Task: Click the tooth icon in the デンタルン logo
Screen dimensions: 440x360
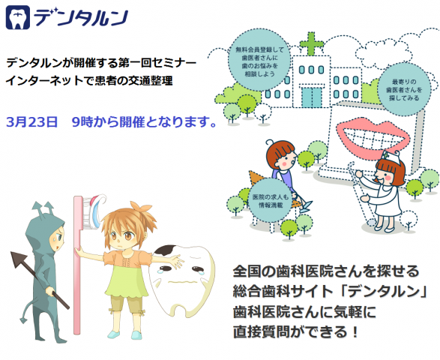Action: point(18,17)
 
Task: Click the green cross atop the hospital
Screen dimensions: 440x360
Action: point(312,43)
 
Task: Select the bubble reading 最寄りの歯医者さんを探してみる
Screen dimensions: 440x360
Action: point(404,89)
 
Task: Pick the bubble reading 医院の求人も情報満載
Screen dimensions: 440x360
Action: point(271,201)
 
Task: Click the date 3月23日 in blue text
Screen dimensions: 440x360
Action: point(31,121)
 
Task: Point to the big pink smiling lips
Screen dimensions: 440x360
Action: point(373,138)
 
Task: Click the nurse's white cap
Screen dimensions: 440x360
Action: point(392,157)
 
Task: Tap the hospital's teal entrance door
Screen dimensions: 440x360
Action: point(312,97)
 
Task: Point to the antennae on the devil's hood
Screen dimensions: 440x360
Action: point(43,208)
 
